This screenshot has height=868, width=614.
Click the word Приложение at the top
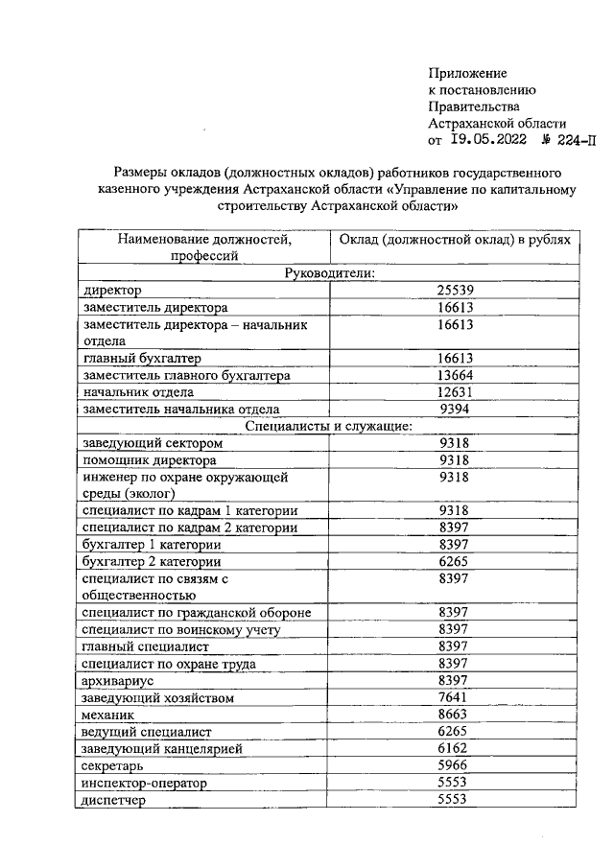[x=467, y=73]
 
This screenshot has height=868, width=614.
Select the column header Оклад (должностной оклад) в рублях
[x=455, y=239]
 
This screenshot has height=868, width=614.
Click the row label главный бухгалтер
[x=129, y=359]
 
